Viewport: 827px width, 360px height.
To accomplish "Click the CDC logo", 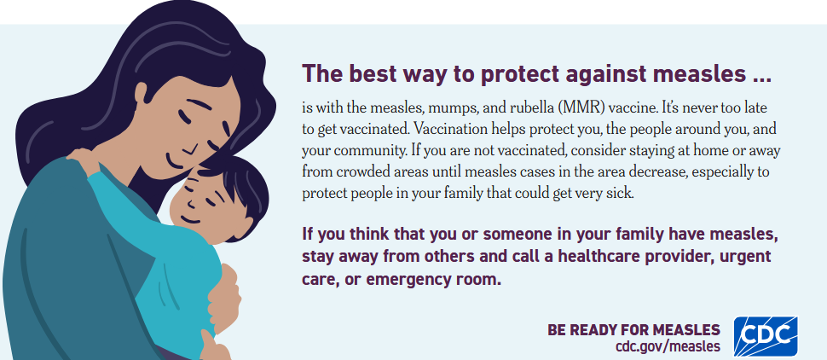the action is (x=766, y=336).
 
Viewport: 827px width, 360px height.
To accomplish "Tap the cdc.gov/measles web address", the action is (x=668, y=347).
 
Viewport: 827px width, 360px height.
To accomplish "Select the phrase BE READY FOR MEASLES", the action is (x=633, y=330).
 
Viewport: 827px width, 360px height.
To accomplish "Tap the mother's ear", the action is (x=141, y=94).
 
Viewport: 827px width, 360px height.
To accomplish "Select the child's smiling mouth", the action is (x=190, y=217).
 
